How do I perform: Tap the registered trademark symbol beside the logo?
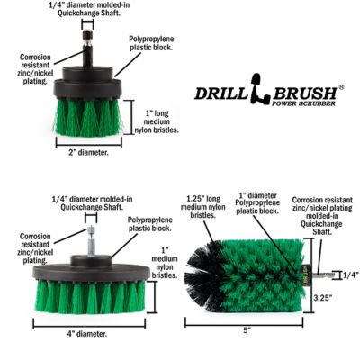(340, 87)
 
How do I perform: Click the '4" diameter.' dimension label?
(92, 333)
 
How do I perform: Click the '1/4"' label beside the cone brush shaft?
(349, 274)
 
